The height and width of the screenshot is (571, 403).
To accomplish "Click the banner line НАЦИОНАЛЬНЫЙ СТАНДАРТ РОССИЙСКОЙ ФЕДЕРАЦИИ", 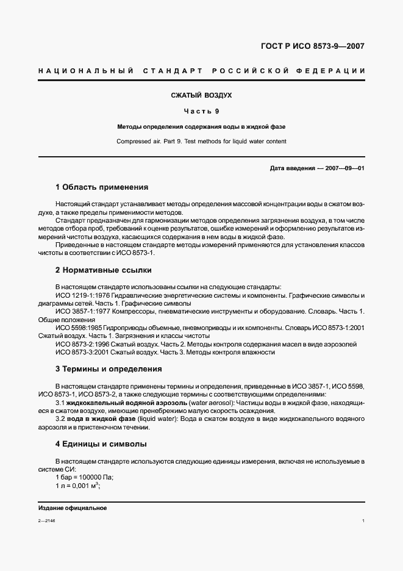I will [201, 71].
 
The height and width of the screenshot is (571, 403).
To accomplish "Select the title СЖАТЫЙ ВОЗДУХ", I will [201, 96].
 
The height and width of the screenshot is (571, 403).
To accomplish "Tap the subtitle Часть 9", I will [201, 111].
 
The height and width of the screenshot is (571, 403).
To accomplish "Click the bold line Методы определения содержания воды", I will [201, 127].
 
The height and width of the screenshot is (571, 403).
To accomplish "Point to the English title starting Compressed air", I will [201, 141].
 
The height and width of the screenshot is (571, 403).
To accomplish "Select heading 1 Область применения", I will [102, 187].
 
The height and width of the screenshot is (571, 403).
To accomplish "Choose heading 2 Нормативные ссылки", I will [103, 270].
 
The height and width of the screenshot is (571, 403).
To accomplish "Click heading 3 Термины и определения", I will [109, 369].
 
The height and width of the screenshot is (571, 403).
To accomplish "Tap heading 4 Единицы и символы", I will [101, 444].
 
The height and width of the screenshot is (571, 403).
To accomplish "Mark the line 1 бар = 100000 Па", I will [85, 477].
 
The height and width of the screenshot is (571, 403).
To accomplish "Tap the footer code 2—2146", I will [46, 521].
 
